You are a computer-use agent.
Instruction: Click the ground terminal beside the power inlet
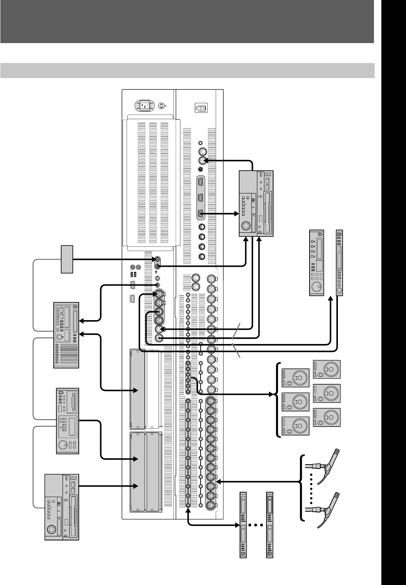pos(162,106)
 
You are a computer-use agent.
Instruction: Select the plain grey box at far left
pos(67,259)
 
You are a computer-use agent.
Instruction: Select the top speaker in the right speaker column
pos(326,369)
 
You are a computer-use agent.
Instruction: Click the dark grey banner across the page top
pos(187,21)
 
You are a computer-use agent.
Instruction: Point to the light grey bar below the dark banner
pos(187,70)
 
